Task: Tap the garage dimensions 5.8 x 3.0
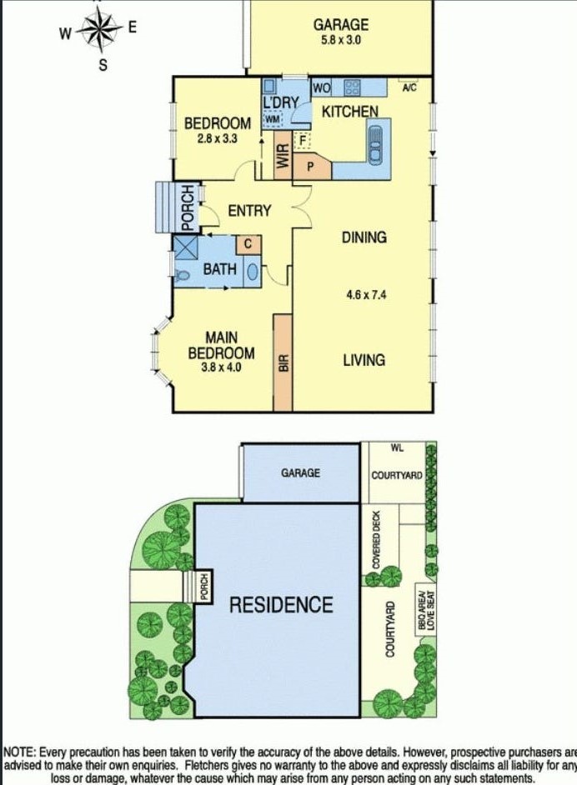[x=340, y=38]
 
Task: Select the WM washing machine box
[x=273, y=121]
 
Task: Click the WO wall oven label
[x=323, y=87]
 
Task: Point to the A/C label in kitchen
[x=409, y=87]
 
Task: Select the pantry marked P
[x=310, y=166]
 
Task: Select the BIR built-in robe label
[x=283, y=363]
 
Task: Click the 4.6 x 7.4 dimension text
[x=364, y=294]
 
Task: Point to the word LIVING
[x=364, y=360]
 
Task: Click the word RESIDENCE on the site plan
[x=281, y=604]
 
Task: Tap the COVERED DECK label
[x=376, y=540]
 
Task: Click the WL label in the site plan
[x=397, y=448]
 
